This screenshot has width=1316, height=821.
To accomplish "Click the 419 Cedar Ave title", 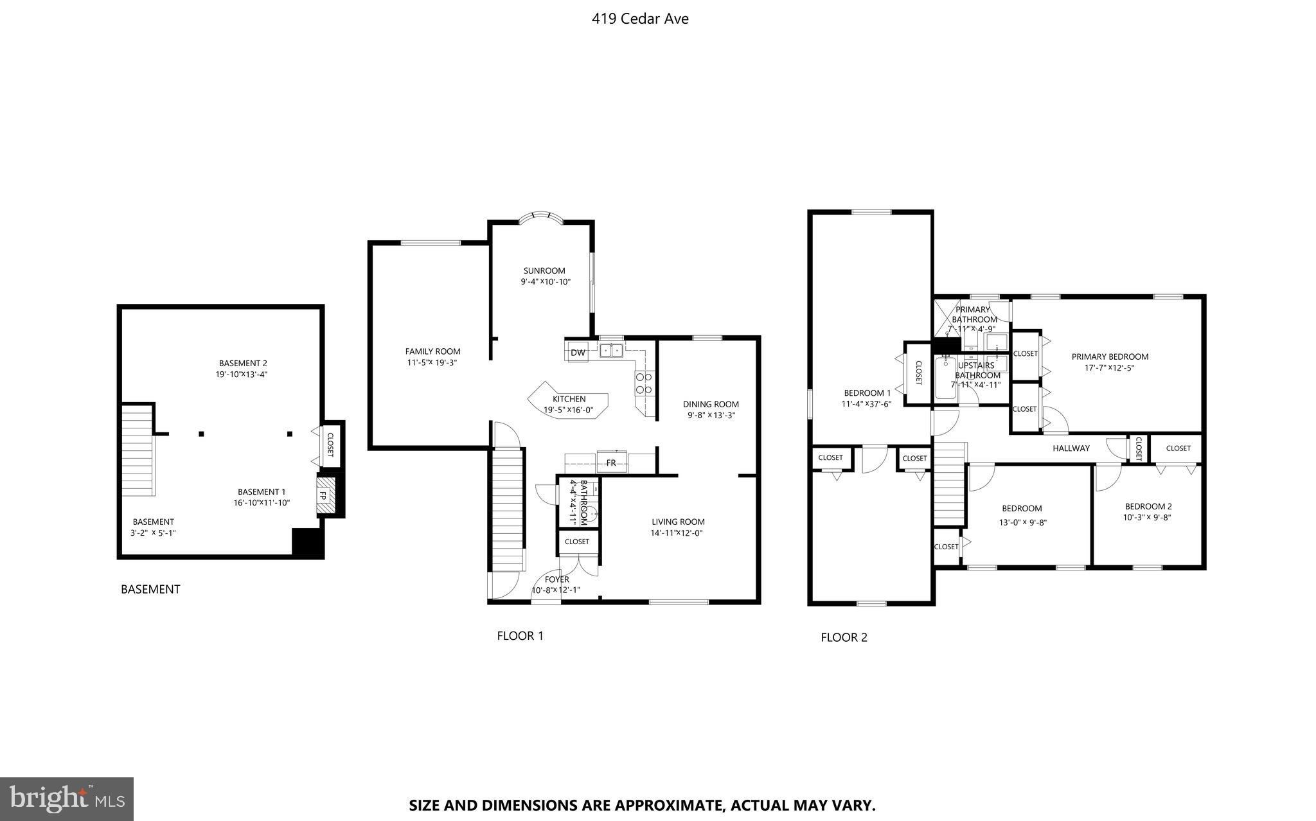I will [640, 19].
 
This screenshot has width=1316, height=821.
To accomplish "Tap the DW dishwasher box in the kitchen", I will [577, 353].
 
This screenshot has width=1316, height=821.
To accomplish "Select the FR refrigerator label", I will [610, 463].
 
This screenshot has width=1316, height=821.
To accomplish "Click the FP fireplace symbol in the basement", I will [324, 495].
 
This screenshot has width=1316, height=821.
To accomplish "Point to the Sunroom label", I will [544, 270].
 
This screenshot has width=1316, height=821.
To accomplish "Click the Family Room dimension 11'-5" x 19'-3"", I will [433, 362].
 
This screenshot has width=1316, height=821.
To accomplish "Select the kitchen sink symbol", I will [611, 351].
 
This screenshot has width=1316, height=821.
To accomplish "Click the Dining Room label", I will [711, 404].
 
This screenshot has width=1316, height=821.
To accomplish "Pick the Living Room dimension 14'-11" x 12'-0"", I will [677, 533].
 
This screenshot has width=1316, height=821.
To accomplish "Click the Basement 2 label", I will [243, 363].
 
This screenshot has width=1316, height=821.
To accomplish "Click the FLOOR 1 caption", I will [520, 635].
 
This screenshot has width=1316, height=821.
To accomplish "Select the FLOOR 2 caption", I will [844, 637].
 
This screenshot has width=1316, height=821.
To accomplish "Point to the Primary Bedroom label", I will [1110, 357].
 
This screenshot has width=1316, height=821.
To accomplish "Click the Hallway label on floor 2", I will [1071, 448].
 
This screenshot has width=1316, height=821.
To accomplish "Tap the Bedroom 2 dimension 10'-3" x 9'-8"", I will [1147, 516].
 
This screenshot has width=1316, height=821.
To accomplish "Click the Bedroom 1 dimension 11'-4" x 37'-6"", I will [867, 404].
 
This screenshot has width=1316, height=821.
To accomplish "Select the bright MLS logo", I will [67, 799].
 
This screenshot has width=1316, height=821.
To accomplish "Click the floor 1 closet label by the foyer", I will [577, 542].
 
